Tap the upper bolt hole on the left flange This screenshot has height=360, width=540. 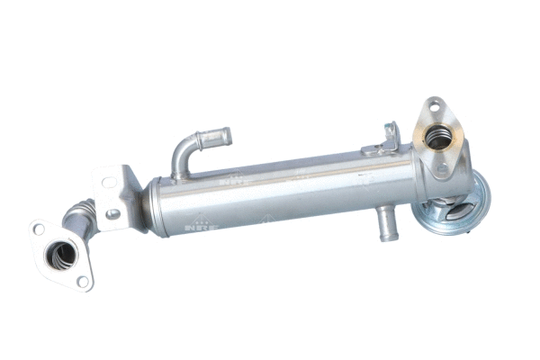coord(39,229)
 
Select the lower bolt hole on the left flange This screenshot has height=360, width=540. coord(83,282)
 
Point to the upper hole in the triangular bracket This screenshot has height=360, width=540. coord(108,182)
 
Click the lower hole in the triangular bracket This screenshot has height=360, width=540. coord(112,214)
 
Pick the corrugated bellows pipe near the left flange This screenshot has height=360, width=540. coord(79,217)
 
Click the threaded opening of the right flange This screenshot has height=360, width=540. coord(437,138)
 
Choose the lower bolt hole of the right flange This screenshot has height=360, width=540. coord(442,168)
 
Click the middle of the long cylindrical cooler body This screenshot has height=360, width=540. coord(288,189)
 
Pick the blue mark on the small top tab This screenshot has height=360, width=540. coord(391,132)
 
